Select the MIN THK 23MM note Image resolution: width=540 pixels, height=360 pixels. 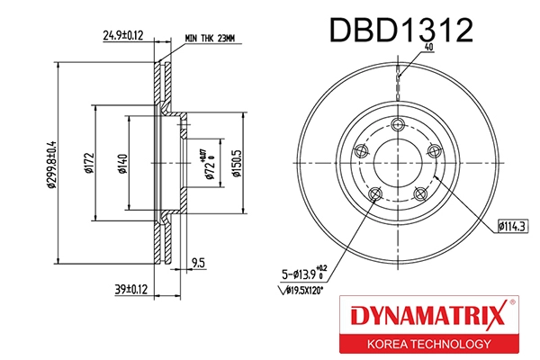point(209,38)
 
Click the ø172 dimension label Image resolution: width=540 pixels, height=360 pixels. point(90,164)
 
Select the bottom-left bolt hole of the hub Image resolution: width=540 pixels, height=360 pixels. point(376,193)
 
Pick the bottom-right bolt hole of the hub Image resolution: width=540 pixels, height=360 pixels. point(418,192)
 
